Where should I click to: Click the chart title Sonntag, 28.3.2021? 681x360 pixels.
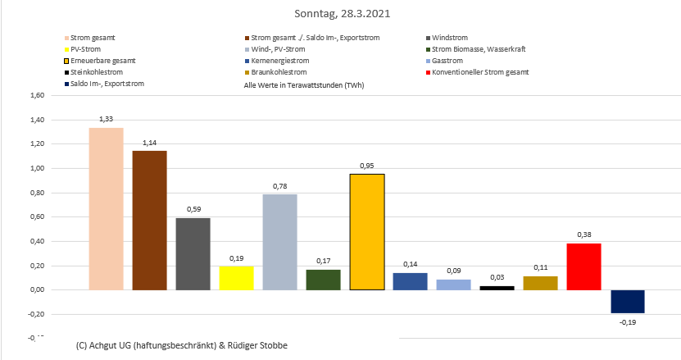(340, 14)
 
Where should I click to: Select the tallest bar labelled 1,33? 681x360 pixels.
(106, 208)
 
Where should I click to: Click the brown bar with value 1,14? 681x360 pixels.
(149, 220)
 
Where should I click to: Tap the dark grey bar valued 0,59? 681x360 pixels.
(193, 253)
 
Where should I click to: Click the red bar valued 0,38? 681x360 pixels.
(583, 267)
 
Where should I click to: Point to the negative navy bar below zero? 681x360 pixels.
(627, 301)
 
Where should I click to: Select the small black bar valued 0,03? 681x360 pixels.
(497, 287)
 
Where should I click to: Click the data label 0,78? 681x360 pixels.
(279, 185)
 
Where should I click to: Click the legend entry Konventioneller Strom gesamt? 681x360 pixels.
(480, 72)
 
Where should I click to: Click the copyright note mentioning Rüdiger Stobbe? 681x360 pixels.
(181, 345)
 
